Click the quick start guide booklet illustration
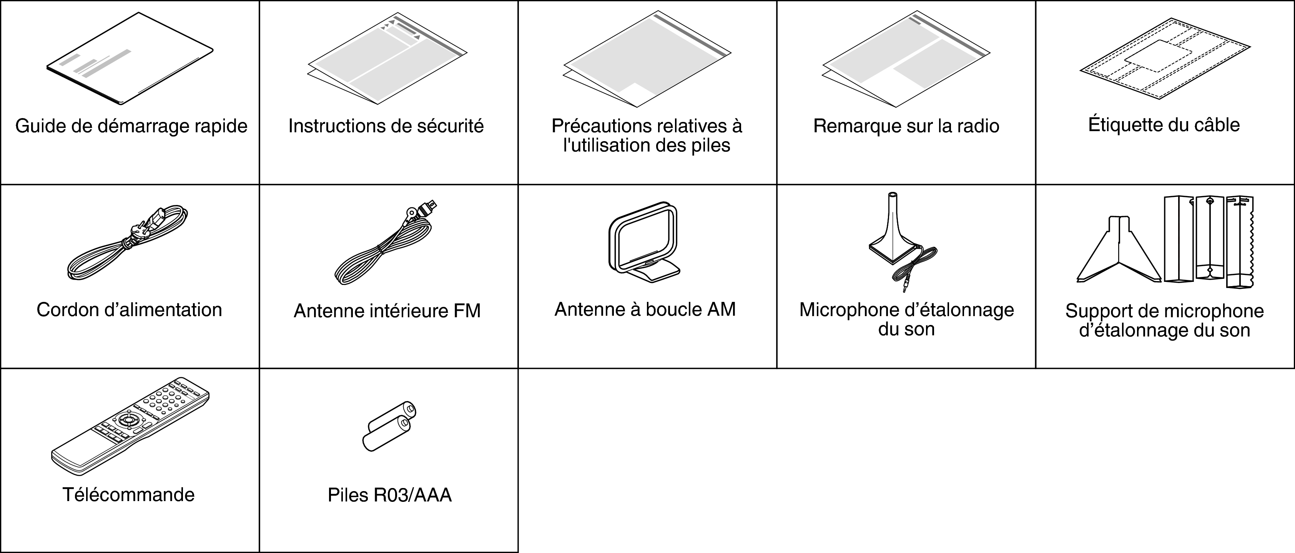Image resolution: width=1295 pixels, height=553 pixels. (x=130, y=59)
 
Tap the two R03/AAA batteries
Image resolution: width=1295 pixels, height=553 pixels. (x=389, y=426)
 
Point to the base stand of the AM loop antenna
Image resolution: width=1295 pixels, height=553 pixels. (x=653, y=272)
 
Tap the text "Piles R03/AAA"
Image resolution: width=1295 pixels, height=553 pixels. (x=390, y=495)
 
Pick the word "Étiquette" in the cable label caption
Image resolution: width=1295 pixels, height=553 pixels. (x=1127, y=125)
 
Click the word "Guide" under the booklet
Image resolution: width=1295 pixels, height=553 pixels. (x=41, y=126)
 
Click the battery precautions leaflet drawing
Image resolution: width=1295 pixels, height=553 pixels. (x=647, y=59)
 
